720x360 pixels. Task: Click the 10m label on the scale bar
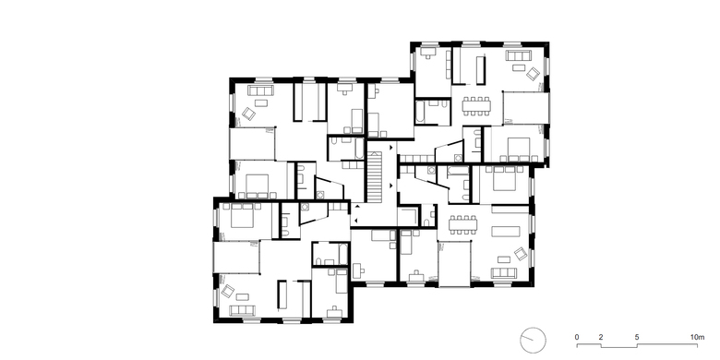point(697,338)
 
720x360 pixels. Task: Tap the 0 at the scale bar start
point(577,338)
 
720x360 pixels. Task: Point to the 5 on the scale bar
point(637,338)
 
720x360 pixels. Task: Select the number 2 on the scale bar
point(601,338)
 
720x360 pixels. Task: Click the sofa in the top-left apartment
point(260,90)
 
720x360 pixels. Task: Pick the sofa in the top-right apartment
point(518,55)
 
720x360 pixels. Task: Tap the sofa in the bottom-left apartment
point(242,310)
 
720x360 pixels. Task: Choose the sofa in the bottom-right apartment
point(504,272)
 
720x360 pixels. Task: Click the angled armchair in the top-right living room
point(534,74)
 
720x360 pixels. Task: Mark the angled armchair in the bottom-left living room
point(228,291)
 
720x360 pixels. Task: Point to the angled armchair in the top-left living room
point(249,114)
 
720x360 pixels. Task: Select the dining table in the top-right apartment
point(476,106)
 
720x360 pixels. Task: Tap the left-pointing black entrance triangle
point(356,219)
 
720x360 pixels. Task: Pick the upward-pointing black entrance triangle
point(356,207)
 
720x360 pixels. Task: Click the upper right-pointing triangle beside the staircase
point(390,148)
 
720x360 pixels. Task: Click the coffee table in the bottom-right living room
point(503,259)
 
